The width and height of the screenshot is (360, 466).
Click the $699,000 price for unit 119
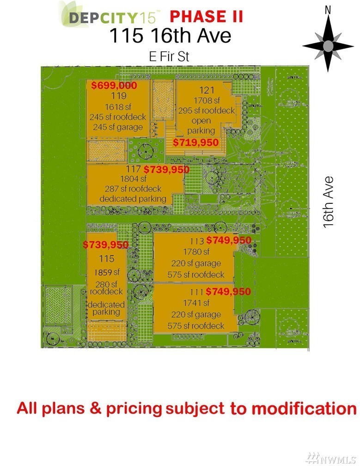[x=114, y=86]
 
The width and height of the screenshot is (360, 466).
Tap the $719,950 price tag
[x=195, y=142]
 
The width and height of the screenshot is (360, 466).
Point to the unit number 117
[x=134, y=170]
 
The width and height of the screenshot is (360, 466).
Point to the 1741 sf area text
[x=196, y=303]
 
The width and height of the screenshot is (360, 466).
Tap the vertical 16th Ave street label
[x=329, y=201]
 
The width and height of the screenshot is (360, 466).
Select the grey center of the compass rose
[x=328, y=46]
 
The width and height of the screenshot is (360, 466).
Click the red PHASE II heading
[x=206, y=17]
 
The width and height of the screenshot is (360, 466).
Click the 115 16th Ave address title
[x=170, y=36]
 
